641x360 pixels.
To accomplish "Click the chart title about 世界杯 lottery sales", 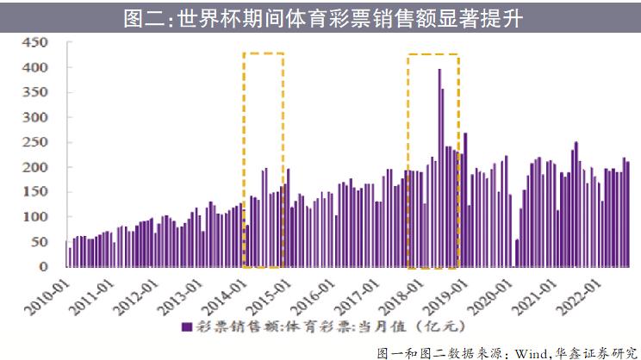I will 320,18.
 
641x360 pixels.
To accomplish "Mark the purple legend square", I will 185,327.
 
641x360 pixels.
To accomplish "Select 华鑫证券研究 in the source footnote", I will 602,351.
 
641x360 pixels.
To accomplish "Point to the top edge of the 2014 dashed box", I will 264,53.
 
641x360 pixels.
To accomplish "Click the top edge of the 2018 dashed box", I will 433,54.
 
